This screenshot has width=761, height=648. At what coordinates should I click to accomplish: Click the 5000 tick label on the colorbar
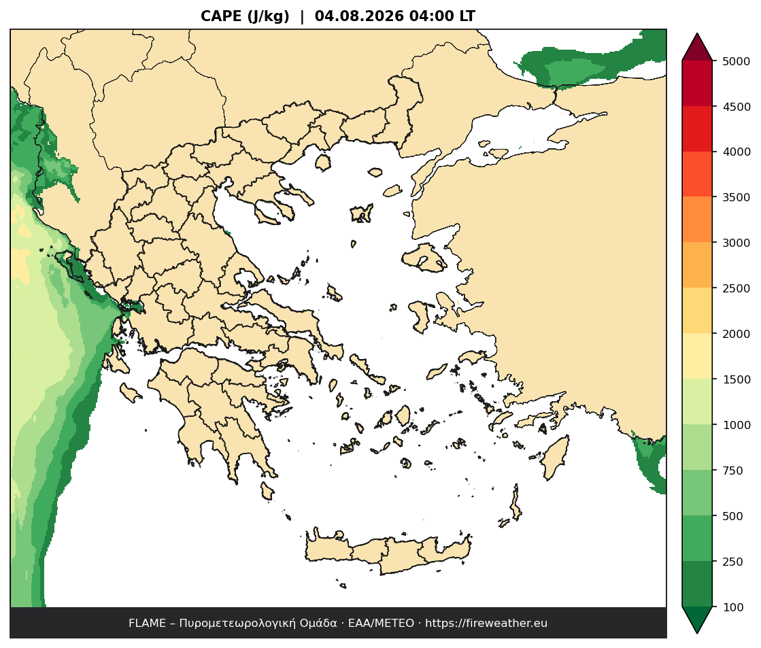pos(737,61)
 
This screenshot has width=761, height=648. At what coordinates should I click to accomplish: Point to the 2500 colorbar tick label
pos(737,288)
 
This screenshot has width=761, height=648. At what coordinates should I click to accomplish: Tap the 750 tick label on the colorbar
pos(733,471)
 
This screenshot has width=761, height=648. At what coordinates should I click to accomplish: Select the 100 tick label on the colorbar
pos(733,607)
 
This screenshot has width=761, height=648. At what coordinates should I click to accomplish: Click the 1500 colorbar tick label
pos(737,379)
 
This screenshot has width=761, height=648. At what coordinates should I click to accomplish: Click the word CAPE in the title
pos(221,16)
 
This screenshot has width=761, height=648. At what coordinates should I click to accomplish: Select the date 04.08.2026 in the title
pos(359,16)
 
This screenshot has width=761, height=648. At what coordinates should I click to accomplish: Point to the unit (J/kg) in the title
pos(269,16)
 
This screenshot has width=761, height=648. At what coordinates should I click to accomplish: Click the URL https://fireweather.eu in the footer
pos(486,624)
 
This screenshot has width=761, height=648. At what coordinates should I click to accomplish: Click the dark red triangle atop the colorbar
pos(697,48)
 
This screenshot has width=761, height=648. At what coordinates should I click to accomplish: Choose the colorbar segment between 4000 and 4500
pos(697,129)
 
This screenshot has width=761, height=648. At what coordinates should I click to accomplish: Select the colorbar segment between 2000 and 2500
pos(697,311)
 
